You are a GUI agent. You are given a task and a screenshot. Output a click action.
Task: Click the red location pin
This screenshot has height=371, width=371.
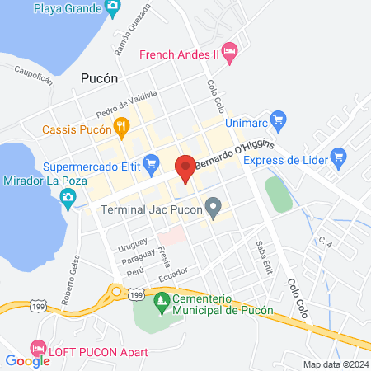click(x=185, y=167)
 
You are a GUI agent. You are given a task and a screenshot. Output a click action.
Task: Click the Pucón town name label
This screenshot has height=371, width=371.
click(x=100, y=79)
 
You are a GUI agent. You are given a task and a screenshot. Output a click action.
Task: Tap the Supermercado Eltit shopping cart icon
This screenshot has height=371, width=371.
click(x=151, y=164)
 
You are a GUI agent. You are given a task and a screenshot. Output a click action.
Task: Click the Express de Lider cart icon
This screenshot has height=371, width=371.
click(x=336, y=155)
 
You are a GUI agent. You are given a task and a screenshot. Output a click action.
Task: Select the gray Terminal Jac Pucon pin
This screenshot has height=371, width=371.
click(x=214, y=209)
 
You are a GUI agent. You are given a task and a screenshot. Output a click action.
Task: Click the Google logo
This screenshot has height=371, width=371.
click(x=27, y=360)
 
